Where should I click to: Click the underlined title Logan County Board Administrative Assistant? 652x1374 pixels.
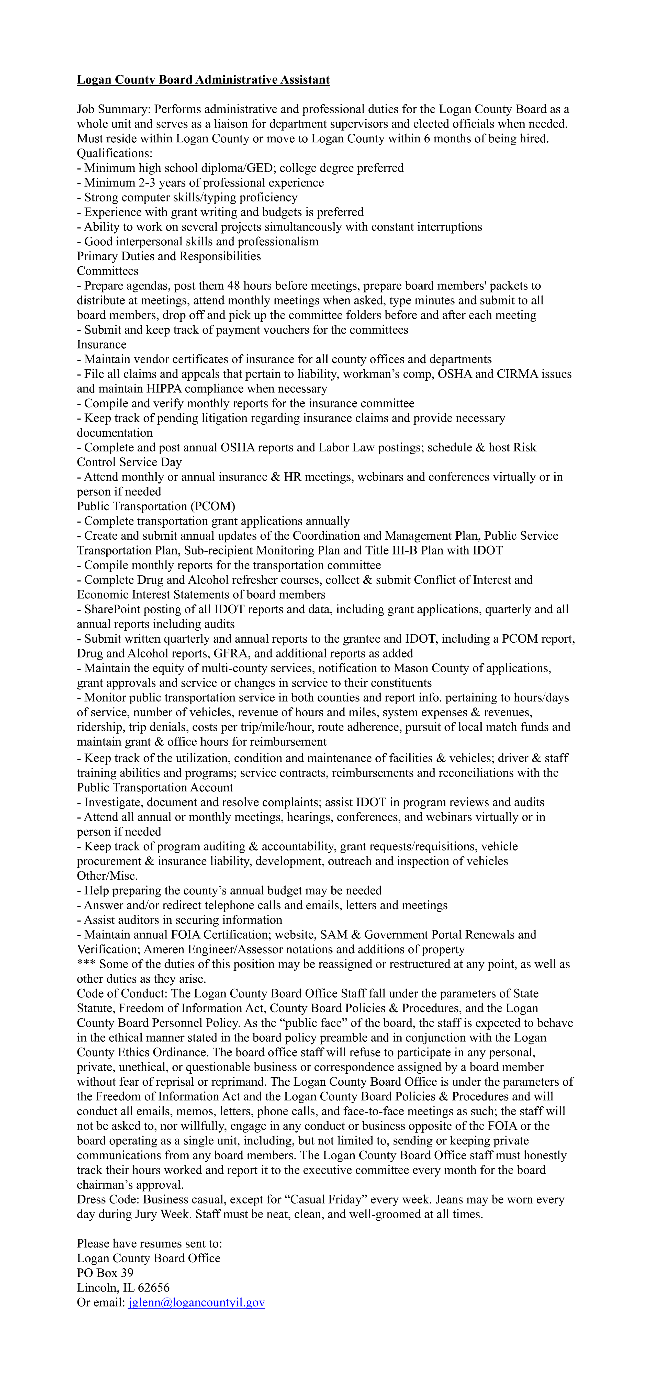(203, 80)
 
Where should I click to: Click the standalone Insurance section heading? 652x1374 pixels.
(101, 345)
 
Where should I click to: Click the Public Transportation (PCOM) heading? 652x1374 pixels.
(156, 506)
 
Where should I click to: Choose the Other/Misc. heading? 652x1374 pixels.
(107, 876)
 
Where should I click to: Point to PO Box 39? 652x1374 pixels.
(105, 1273)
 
